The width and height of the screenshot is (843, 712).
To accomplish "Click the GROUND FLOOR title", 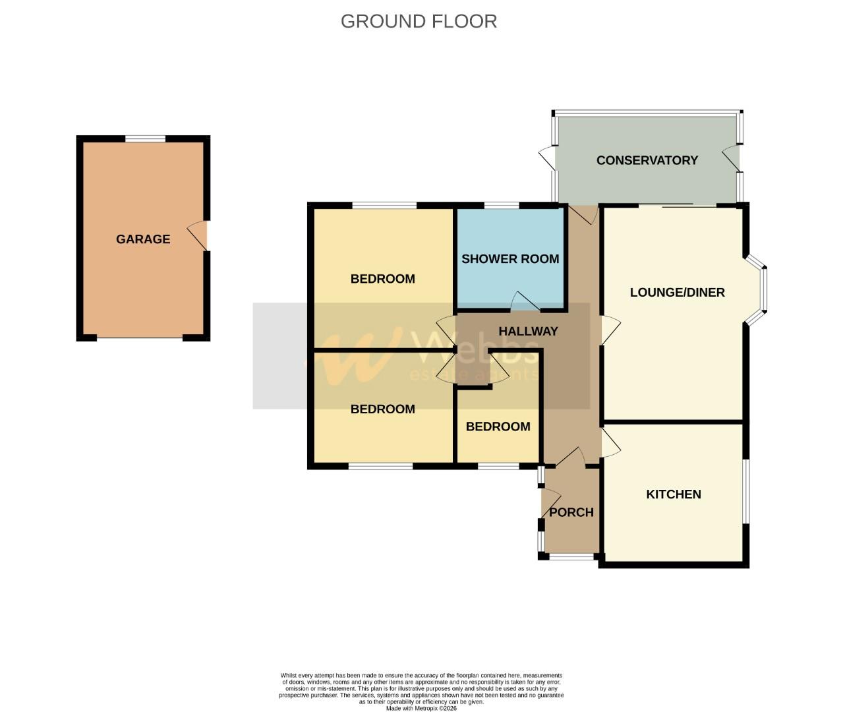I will point(419,21).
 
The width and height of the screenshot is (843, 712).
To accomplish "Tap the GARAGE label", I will point(143,239).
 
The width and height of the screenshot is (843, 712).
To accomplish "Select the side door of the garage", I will point(198,235).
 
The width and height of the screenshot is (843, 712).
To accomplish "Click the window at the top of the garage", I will point(146,138).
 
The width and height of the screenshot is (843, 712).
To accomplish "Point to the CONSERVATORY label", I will point(647,160).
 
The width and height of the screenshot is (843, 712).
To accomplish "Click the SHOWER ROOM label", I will point(510,259).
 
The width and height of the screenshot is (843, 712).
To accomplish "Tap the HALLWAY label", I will point(528,331).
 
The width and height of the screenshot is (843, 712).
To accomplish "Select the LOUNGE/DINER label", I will point(677,292).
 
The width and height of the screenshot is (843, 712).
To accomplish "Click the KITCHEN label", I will point(673,494).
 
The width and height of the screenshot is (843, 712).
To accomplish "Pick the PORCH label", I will point(571,512).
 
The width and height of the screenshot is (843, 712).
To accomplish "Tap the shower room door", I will point(525,301).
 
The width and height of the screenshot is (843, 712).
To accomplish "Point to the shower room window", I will point(501,205).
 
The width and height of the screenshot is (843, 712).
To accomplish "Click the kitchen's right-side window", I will point(746,491).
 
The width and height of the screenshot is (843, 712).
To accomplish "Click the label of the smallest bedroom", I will point(498,427).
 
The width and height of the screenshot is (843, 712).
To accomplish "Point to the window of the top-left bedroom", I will point(384,205).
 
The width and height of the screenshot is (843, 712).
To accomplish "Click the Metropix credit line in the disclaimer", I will point(421,708).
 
